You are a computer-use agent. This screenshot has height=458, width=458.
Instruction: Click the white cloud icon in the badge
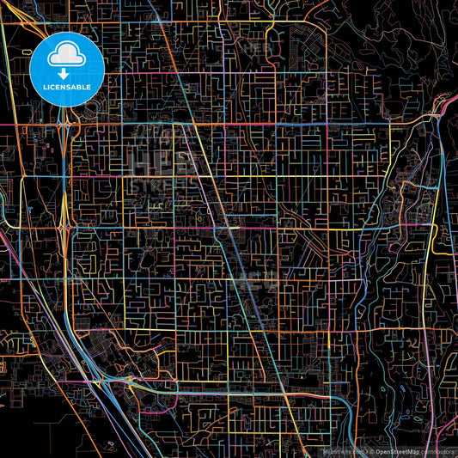pyautogui.click(x=66, y=56)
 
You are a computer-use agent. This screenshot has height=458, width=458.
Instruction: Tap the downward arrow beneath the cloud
pyautogui.click(x=66, y=74)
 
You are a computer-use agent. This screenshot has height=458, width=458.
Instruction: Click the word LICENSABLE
pyautogui.click(x=66, y=88)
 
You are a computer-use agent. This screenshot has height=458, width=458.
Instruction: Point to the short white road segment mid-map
pyautogui.click(x=234, y=229)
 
